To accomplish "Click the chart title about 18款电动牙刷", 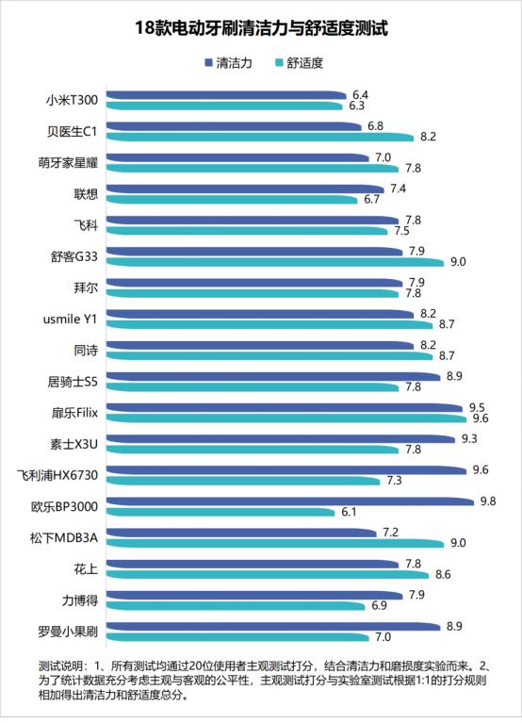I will coord(261,29).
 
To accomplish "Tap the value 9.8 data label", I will coord(487,501).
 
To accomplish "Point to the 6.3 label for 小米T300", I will coord(357,106).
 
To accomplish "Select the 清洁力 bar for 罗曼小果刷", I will coord(274,626).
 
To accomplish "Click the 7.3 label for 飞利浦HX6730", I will coord(395,481).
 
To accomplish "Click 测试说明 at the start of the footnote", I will coord(60,664).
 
